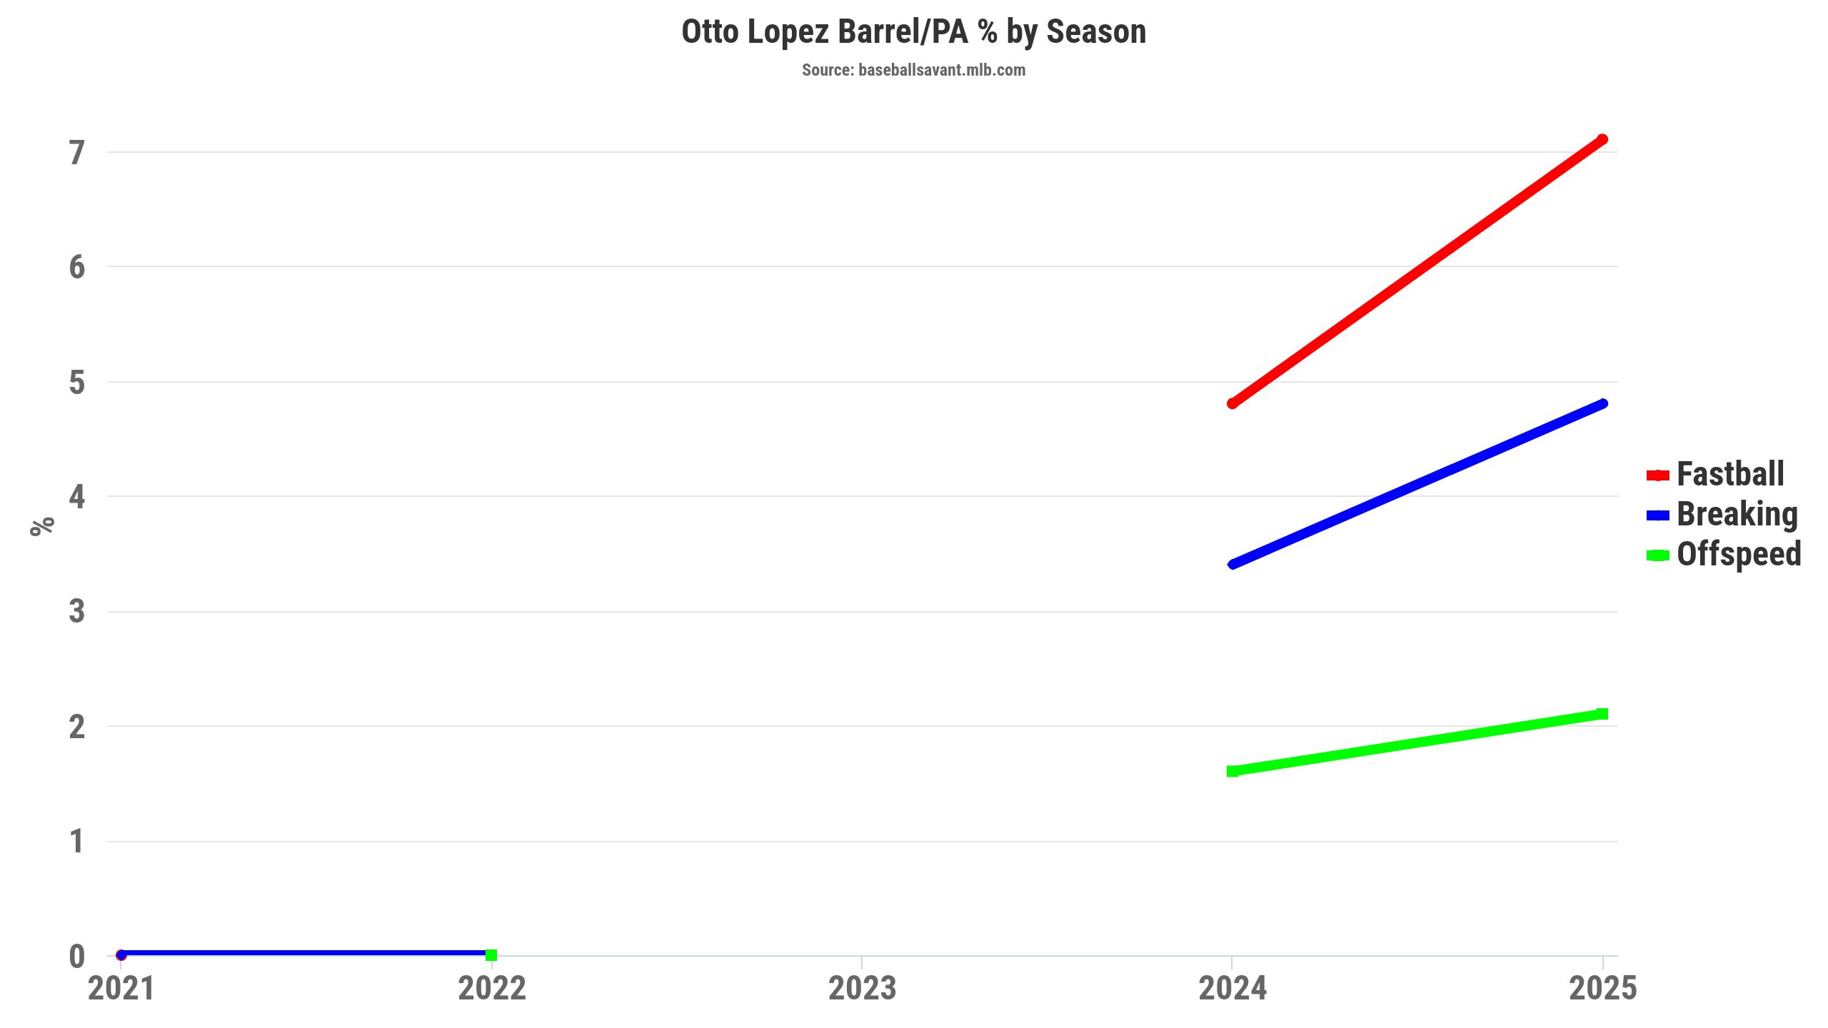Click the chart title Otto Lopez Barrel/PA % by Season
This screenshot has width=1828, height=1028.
click(x=913, y=32)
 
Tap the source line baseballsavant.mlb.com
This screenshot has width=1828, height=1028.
click(x=913, y=70)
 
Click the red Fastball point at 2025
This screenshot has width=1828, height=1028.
click(x=1602, y=140)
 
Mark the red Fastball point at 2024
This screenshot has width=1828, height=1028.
click(x=1232, y=403)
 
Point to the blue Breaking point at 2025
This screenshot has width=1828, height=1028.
click(x=1602, y=404)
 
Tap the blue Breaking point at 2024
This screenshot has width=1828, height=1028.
click(x=1232, y=564)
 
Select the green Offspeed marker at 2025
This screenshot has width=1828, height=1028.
click(x=1602, y=714)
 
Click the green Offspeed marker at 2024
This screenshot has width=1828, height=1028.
click(x=1232, y=771)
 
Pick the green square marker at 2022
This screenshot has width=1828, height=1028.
click(x=491, y=954)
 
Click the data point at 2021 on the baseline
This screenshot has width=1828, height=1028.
click(x=121, y=954)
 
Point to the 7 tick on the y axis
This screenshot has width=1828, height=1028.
click(x=77, y=153)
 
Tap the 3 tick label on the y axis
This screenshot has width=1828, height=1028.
click(x=77, y=612)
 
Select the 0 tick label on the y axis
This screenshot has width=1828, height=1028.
click(x=77, y=957)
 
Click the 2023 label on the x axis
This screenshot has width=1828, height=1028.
click(x=862, y=989)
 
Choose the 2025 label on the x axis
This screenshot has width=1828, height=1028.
click(x=1602, y=989)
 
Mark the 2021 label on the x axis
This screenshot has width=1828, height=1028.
click(x=121, y=989)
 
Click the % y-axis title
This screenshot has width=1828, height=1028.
click(x=42, y=525)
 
